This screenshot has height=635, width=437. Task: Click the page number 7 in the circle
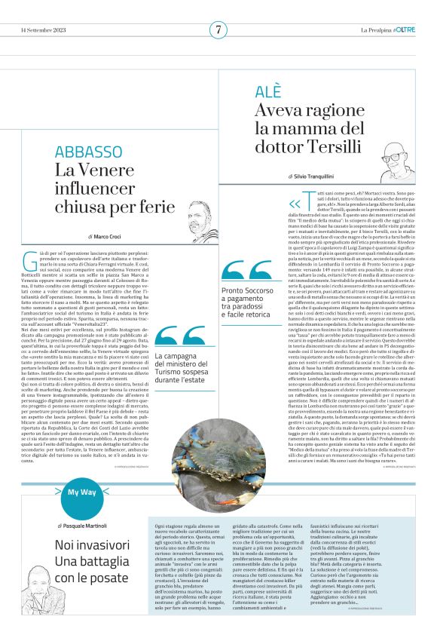pyautogui.click(x=218, y=30)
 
